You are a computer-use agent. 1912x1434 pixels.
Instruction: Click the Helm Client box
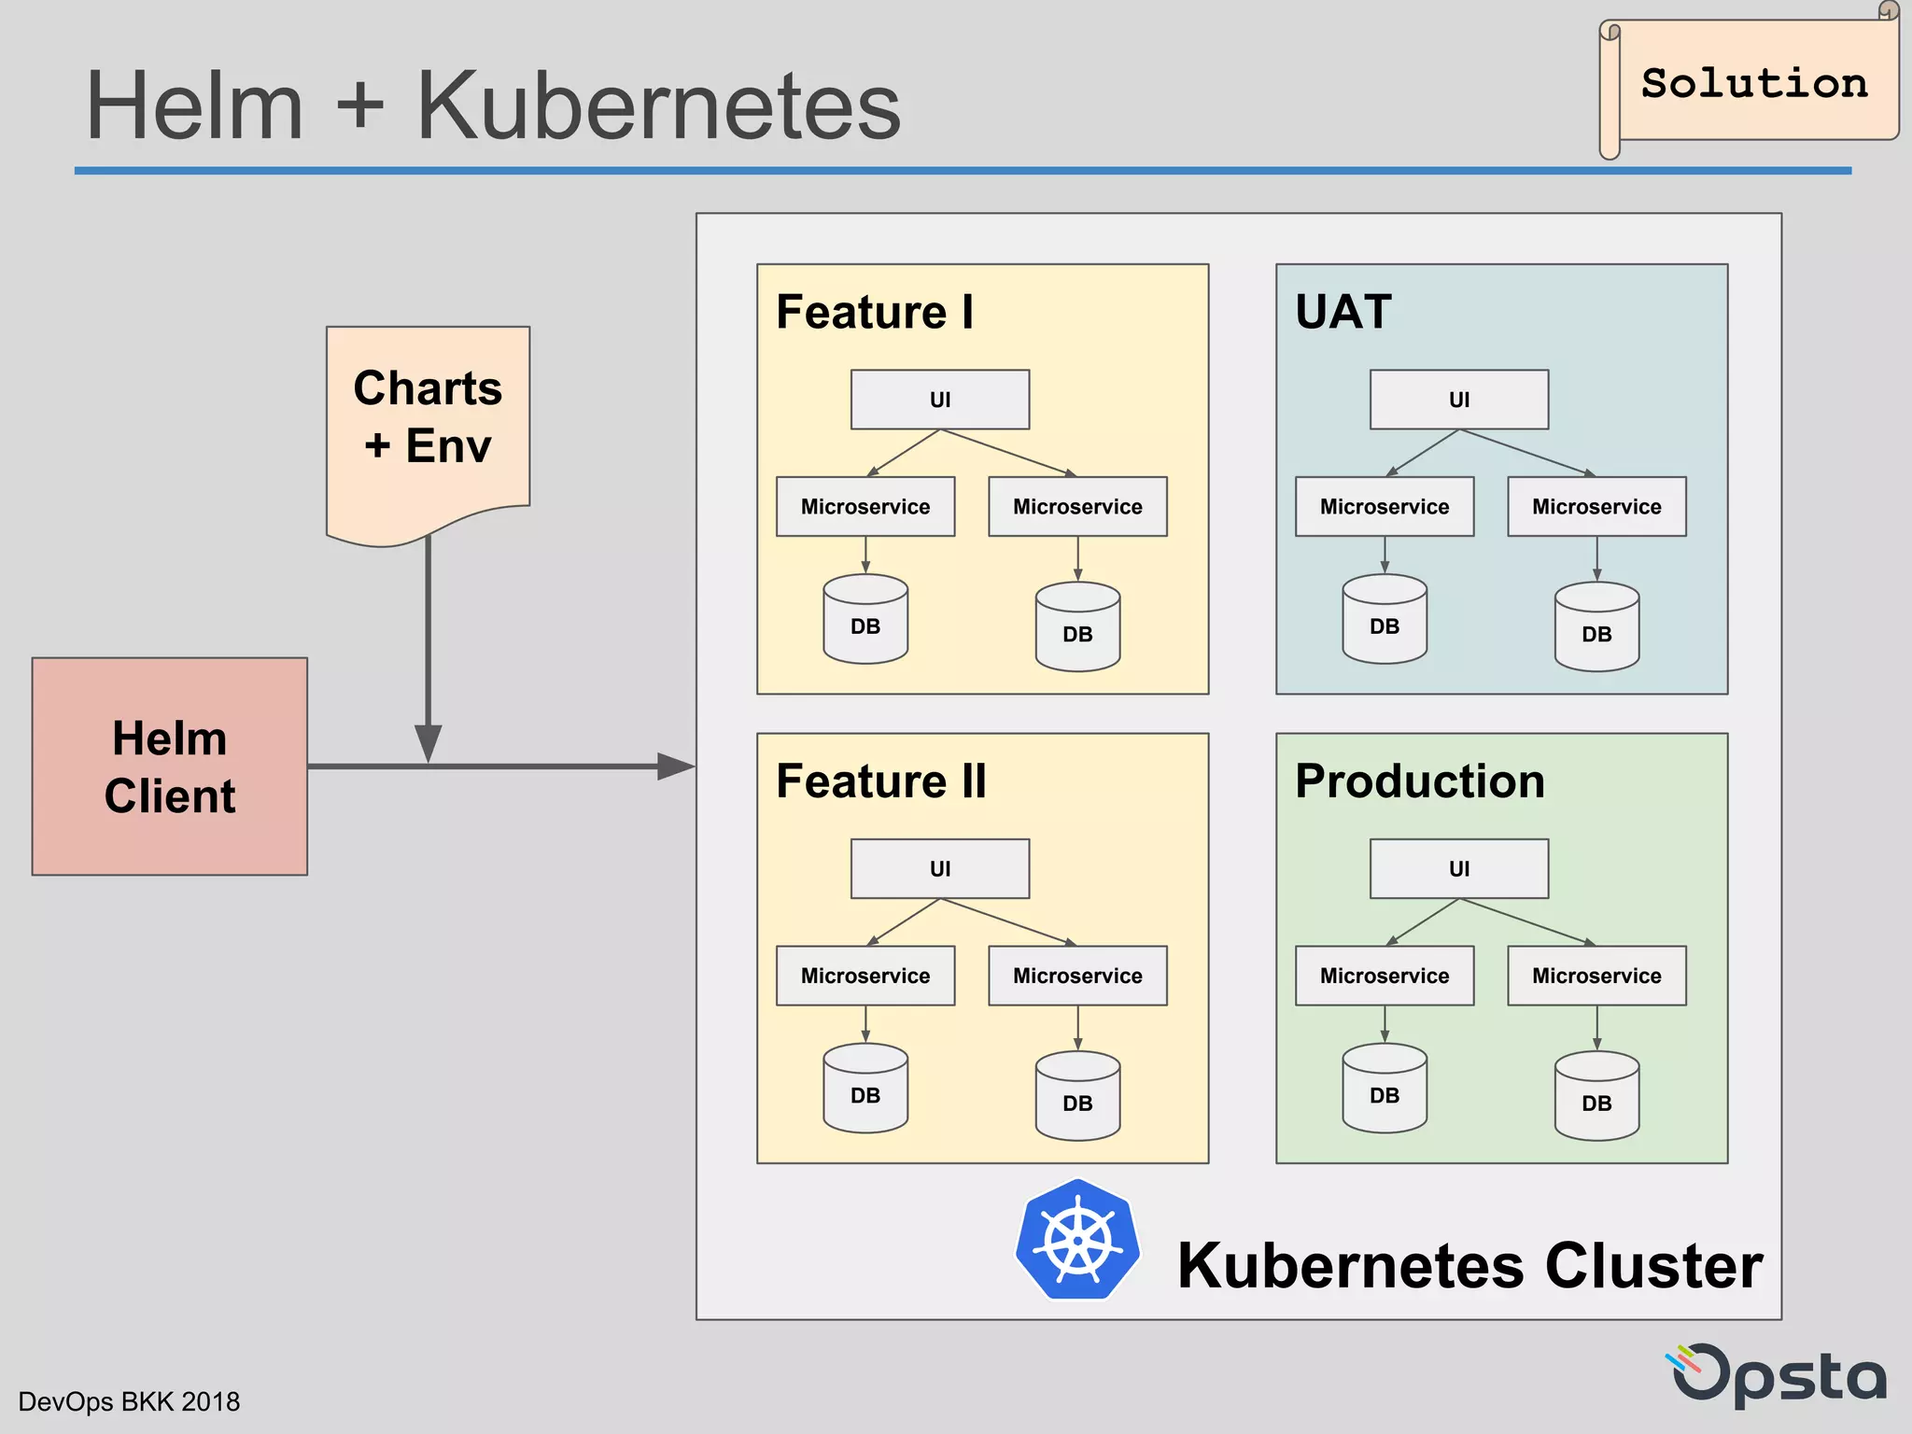point(169,766)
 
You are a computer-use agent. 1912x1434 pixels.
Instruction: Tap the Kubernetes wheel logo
point(1078,1240)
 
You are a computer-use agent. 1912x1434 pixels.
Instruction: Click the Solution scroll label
point(1753,83)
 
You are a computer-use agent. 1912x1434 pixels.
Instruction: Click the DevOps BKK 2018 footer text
point(129,1401)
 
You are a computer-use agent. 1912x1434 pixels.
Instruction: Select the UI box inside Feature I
point(939,400)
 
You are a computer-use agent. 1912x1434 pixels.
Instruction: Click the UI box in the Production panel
point(1458,868)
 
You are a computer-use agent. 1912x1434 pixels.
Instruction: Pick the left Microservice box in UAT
point(1384,507)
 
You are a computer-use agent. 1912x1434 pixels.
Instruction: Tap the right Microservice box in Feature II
point(1077,976)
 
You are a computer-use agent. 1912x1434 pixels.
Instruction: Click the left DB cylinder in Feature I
point(865,620)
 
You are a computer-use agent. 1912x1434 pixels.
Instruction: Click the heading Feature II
point(880,781)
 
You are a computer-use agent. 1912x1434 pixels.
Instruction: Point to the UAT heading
point(1343,312)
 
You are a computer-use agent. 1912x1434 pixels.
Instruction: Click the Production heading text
point(1419,781)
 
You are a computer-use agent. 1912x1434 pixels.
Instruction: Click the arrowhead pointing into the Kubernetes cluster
point(677,766)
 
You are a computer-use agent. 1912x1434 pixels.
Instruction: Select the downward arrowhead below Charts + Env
point(428,743)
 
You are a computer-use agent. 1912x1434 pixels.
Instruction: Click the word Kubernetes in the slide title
point(658,106)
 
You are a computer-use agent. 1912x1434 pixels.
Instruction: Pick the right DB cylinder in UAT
point(1596,627)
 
